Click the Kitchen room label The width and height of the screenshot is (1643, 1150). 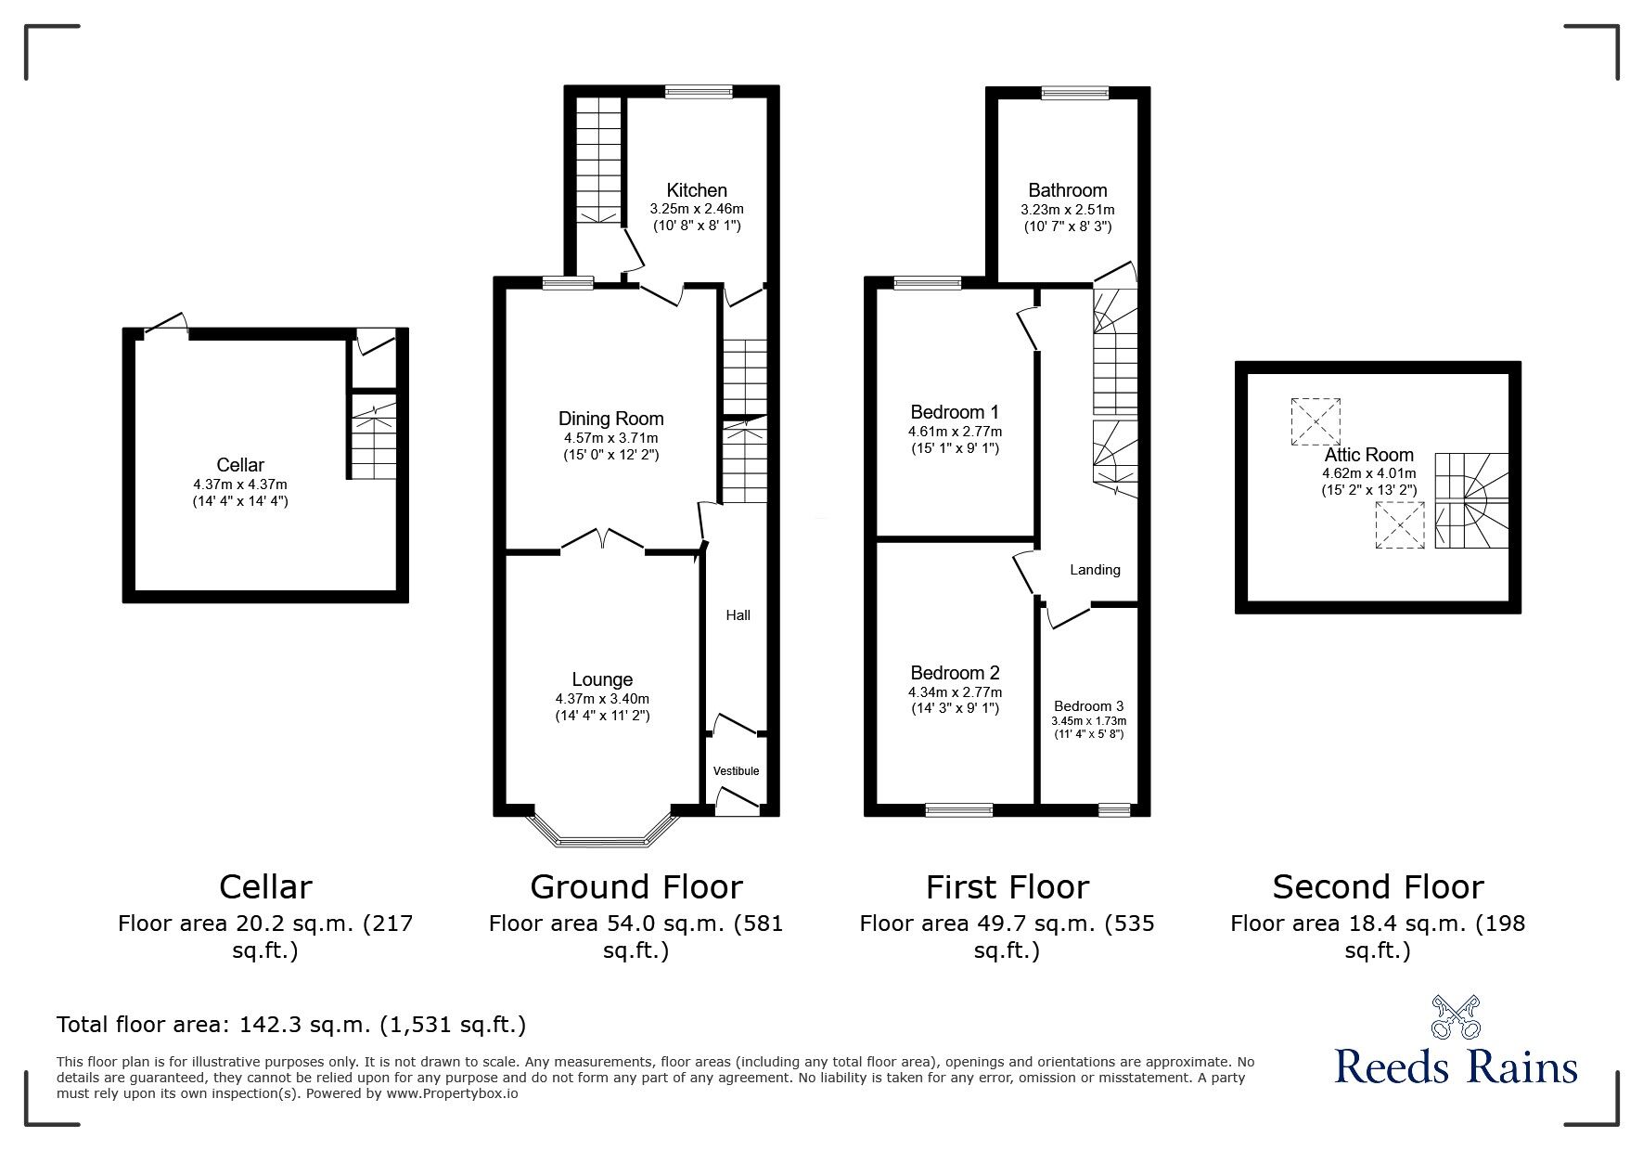(x=696, y=190)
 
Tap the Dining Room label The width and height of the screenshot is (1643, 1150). (x=610, y=419)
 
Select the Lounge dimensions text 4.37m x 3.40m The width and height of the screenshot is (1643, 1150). (x=602, y=699)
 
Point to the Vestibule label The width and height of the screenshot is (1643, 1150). (x=736, y=771)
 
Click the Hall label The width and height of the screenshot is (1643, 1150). (x=738, y=615)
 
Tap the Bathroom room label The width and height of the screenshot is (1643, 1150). (x=1067, y=190)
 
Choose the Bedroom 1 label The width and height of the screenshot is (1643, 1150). (x=955, y=412)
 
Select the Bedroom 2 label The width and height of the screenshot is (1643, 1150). (x=955, y=673)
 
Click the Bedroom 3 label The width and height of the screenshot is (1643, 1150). (x=1088, y=705)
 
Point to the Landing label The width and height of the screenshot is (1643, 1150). (x=1095, y=570)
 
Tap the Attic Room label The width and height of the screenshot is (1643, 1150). (x=1368, y=455)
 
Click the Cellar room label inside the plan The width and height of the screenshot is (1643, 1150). (x=240, y=465)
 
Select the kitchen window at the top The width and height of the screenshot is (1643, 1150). (x=699, y=91)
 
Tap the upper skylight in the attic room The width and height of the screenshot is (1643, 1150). (x=1316, y=421)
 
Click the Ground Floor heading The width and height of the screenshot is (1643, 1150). (x=635, y=887)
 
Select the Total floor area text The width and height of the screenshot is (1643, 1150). (x=291, y=1025)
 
